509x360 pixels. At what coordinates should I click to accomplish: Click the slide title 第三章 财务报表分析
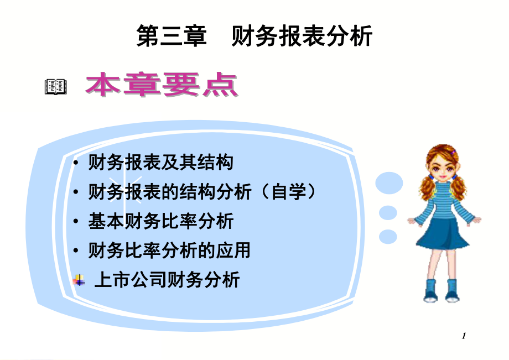254,36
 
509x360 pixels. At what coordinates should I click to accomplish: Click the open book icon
55,87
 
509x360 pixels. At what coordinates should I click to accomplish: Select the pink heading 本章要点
162,85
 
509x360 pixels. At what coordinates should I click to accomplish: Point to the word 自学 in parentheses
289,191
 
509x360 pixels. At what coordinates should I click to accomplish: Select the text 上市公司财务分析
167,280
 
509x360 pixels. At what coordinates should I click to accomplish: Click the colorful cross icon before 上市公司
79,280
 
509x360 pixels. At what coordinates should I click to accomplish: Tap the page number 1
464,336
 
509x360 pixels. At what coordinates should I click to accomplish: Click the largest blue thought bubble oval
389,183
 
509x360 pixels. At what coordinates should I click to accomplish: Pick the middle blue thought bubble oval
388,213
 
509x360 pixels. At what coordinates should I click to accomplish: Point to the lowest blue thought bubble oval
388,237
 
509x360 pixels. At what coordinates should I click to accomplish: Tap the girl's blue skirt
442,234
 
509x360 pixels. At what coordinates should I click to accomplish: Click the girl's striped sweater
443,201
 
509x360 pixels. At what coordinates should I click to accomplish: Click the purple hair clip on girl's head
454,151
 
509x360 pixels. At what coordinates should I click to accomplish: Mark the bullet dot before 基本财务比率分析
76,222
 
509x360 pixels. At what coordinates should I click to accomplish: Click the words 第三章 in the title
172,36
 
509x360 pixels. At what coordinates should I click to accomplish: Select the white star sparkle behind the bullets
124,190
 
